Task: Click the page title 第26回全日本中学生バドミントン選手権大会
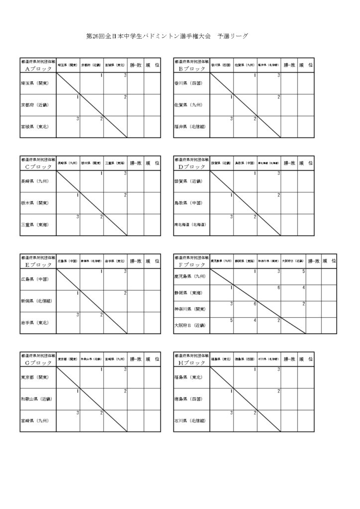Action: click(x=149, y=37)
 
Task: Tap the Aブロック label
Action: click(x=38, y=69)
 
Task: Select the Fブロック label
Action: click(x=191, y=264)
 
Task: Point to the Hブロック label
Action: click(x=191, y=362)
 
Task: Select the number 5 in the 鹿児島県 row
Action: click(x=303, y=271)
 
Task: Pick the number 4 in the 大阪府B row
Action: click(x=255, y=320)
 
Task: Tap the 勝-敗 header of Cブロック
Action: click(x=136, y=163)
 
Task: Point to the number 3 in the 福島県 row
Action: click(x=279, y=369)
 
